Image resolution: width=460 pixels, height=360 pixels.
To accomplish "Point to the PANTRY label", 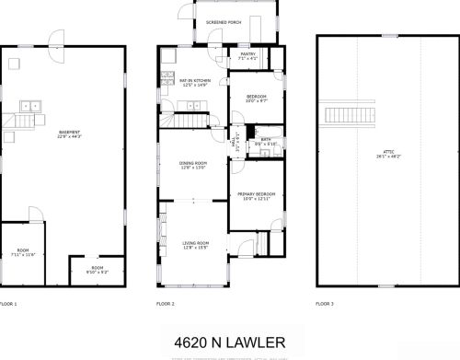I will (x=247, y=54).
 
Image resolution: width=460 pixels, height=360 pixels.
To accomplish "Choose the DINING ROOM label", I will (x=193, y=163).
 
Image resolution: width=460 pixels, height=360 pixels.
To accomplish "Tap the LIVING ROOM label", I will (x=193, y=242).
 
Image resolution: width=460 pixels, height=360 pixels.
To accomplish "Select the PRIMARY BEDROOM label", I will (x=255, y=194).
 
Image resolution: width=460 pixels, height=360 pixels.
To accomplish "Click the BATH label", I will (x=265, y=139).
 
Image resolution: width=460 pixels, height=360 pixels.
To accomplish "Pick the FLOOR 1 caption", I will (x=8, y=303).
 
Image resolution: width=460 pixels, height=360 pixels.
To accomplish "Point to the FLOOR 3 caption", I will (x=325, y=303).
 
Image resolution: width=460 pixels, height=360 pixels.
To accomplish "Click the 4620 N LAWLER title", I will (x=230, y=342).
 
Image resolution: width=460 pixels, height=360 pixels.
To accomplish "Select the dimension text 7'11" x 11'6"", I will (x=23, y=254).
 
